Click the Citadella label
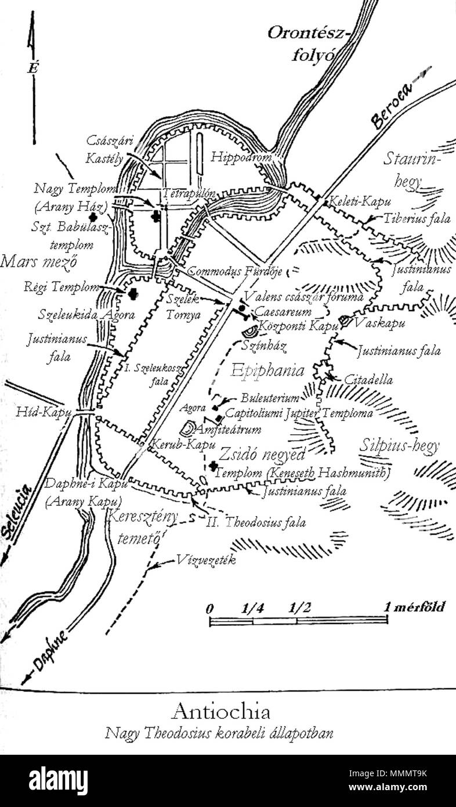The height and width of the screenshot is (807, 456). tap(368, 380)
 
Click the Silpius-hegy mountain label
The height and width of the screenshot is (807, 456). tap(399, 446)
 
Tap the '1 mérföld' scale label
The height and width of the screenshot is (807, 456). tap(415, 608)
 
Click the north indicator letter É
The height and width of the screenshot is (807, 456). tap(32, 68)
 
